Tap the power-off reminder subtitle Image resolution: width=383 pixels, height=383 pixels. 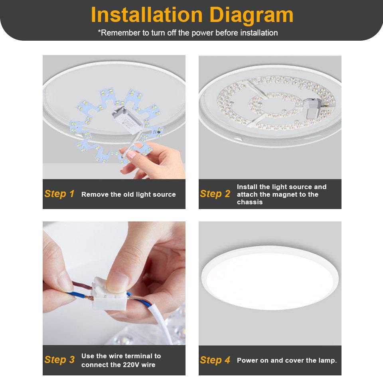(188, 33)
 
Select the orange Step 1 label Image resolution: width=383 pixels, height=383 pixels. (59, 194)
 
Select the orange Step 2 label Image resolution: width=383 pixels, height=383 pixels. (215, 194)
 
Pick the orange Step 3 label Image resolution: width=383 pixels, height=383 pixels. (59, 360)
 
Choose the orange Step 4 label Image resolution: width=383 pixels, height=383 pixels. (215, 360)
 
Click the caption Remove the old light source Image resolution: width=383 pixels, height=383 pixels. (128, 194)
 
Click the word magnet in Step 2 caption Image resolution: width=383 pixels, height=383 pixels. (290, 194)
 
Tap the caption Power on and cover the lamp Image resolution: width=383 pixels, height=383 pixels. (287, 360)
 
